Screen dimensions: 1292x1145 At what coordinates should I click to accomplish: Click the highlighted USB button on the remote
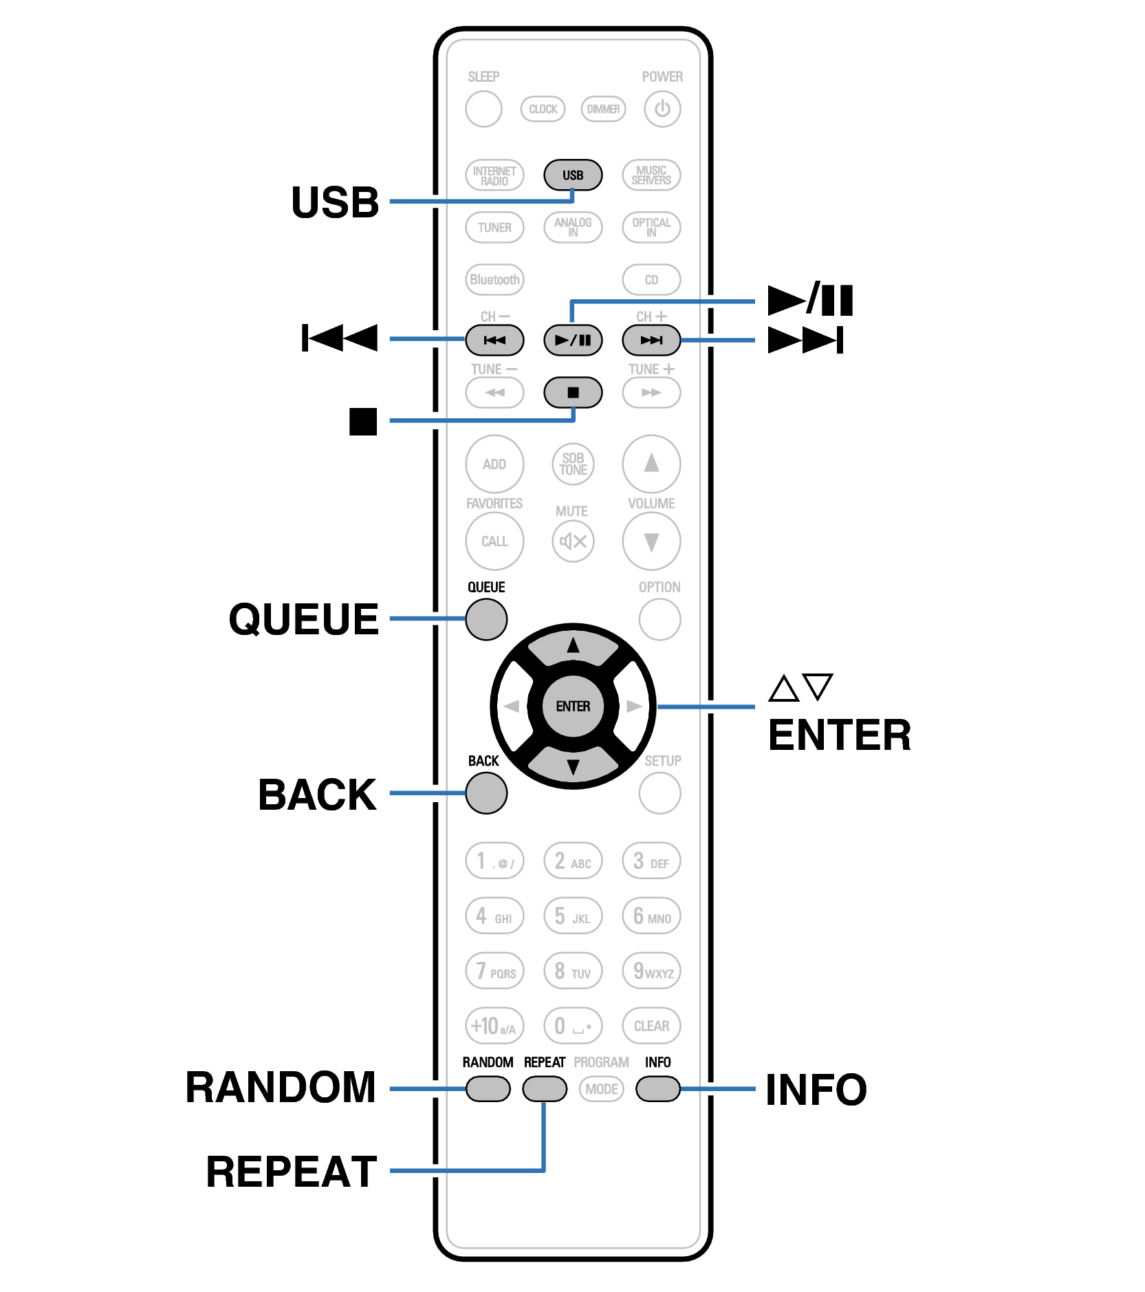pyautogui.click(x=572, y=175)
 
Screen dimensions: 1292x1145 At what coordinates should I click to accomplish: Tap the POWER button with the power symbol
pyautogui.click(x=662, y=109)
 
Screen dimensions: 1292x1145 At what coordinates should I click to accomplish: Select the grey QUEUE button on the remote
pyautogui.click(x=486, y=619)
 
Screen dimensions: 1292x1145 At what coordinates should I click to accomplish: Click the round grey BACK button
pyautogui.click(x=486, y=793)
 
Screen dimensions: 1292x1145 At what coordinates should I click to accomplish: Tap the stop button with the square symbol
pyautogui.click(x=572, y=393)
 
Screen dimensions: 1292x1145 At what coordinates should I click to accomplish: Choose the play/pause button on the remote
pyautogui.click(x=572, y=340)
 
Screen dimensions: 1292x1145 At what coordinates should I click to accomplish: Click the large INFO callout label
pyautogui.click(x=816, y=1090)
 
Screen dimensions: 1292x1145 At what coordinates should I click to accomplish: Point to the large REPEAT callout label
pyautogui.click(x=292, y=1172)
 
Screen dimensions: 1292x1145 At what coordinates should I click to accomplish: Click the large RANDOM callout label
pyautogui.click(x=281, y=1087)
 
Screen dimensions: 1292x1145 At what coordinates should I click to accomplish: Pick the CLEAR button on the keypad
pyautogui.click(x=651, y=1026)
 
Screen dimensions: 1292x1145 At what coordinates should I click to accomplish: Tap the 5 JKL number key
pyautogui.click(x=572, y=916)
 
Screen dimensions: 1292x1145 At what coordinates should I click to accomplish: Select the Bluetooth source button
pyautogui.click(x=494, y=280)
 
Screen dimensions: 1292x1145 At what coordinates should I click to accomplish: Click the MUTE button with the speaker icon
pyautogui.click(x=572, y=541)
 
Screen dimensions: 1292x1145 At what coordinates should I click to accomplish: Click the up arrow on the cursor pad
pyautogui.click(x=573, y=647)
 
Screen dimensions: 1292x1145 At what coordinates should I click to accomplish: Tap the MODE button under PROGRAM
pyautogui.click(x=601, y=1089)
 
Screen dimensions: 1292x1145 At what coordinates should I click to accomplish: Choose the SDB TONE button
pyautogui.click(x=572, y=464)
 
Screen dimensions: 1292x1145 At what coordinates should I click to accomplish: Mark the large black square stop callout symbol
pyautogui.click(x=362, y=422)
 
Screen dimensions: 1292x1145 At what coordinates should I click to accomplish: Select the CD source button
pyautogui.click(x=651, y=280)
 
